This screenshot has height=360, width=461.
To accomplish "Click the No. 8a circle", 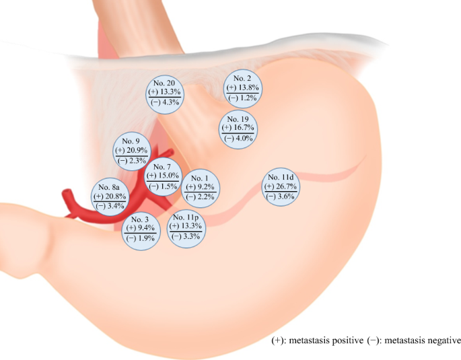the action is click(x=109, y=196).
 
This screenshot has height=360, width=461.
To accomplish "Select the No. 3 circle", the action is click(x=141, y=229).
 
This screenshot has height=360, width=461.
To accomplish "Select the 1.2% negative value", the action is click(x=248, y=98).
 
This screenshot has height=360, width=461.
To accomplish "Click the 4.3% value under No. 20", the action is click(x=170, y=102).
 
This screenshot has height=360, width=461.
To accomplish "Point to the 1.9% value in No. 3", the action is click(x=145, y=238).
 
